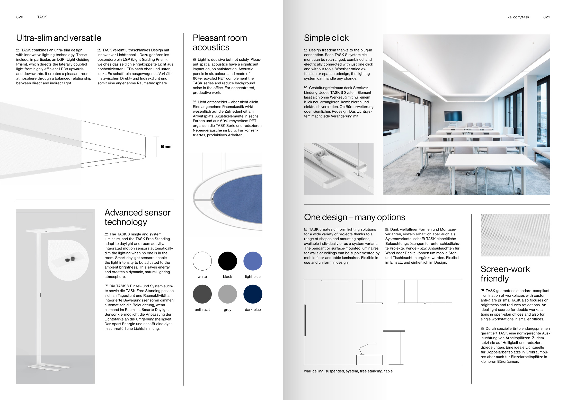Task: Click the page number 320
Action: (x=20, y=17)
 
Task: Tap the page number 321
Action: (x=546, y=17)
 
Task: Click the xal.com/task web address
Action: (x=518, y=17)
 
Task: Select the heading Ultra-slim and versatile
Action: (x=59, y=38)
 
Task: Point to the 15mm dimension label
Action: (x=166, y=147)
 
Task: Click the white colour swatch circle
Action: (x=202, y=261)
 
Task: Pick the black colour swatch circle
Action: (x=227, y=261)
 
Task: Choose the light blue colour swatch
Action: (x=253, y=261)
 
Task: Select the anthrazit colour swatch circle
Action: (x=202, y=294)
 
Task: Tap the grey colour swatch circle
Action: (x=227, y=294)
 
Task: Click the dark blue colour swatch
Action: (x=253, y=294)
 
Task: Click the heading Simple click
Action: (x=326, y=38)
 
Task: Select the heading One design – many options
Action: (x=354, y=217)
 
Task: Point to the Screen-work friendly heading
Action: (x=505, y=274)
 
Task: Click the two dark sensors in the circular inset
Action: (x=70, y=259)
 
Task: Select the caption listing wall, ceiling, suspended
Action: (x=348, y=371)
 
